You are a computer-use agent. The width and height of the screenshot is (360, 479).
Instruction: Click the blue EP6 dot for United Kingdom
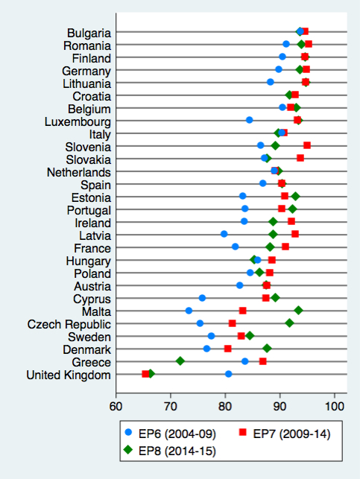tap(228, 374)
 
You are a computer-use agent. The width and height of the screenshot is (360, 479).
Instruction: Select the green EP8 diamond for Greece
tap(180, 361)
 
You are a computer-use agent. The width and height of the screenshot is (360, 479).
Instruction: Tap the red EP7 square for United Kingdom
tap(146, 374)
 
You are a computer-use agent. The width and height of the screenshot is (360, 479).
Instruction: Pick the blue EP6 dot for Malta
tap(189, 311)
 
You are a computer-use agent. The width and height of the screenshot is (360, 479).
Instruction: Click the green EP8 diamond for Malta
tap(298, 311)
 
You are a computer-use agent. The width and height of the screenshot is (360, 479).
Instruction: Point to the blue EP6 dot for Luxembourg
tap(249, 120)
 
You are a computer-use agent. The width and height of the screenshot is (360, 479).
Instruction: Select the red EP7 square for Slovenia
tap(307, 145)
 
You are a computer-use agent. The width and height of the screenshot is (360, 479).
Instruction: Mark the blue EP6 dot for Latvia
tap(224, 235)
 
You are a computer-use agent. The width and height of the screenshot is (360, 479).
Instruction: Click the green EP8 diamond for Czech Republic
tap(289, 323)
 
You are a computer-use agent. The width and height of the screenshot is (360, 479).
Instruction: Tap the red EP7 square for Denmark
tap(228, 349)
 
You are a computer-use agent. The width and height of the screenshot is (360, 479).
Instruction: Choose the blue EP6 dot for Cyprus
tap(202, 298)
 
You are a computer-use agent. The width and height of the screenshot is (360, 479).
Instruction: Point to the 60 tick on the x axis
tap(116, 396)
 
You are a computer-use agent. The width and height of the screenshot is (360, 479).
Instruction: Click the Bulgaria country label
tap(89, 33)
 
